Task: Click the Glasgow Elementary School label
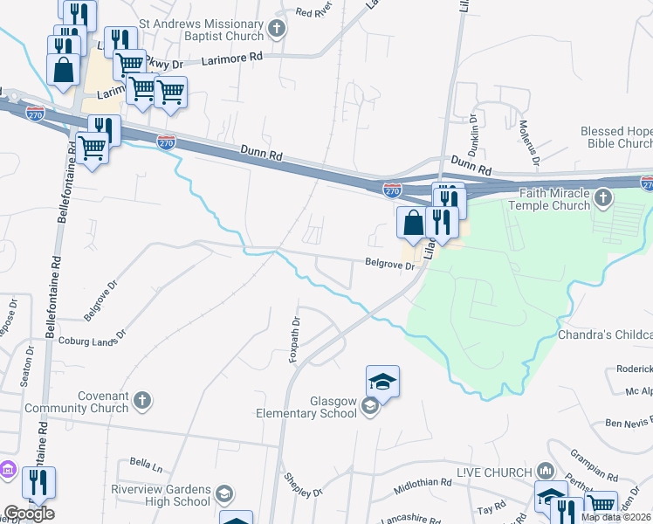pos(308,407)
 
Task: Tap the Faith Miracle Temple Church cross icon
pos(602,200)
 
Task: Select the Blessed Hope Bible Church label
pos(616,137)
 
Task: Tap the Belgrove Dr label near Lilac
pos(389,265)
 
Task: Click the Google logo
pos(29,514)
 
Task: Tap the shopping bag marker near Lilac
pos(413,223)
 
